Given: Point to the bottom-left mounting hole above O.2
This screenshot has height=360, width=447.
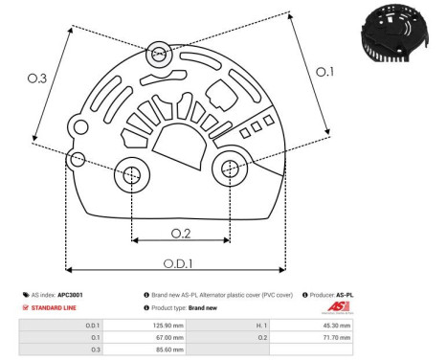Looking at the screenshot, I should coord(130,175).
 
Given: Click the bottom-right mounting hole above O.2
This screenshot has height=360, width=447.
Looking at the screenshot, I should coord(230,169).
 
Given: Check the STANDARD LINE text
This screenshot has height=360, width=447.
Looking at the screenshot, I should coord(52,308).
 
